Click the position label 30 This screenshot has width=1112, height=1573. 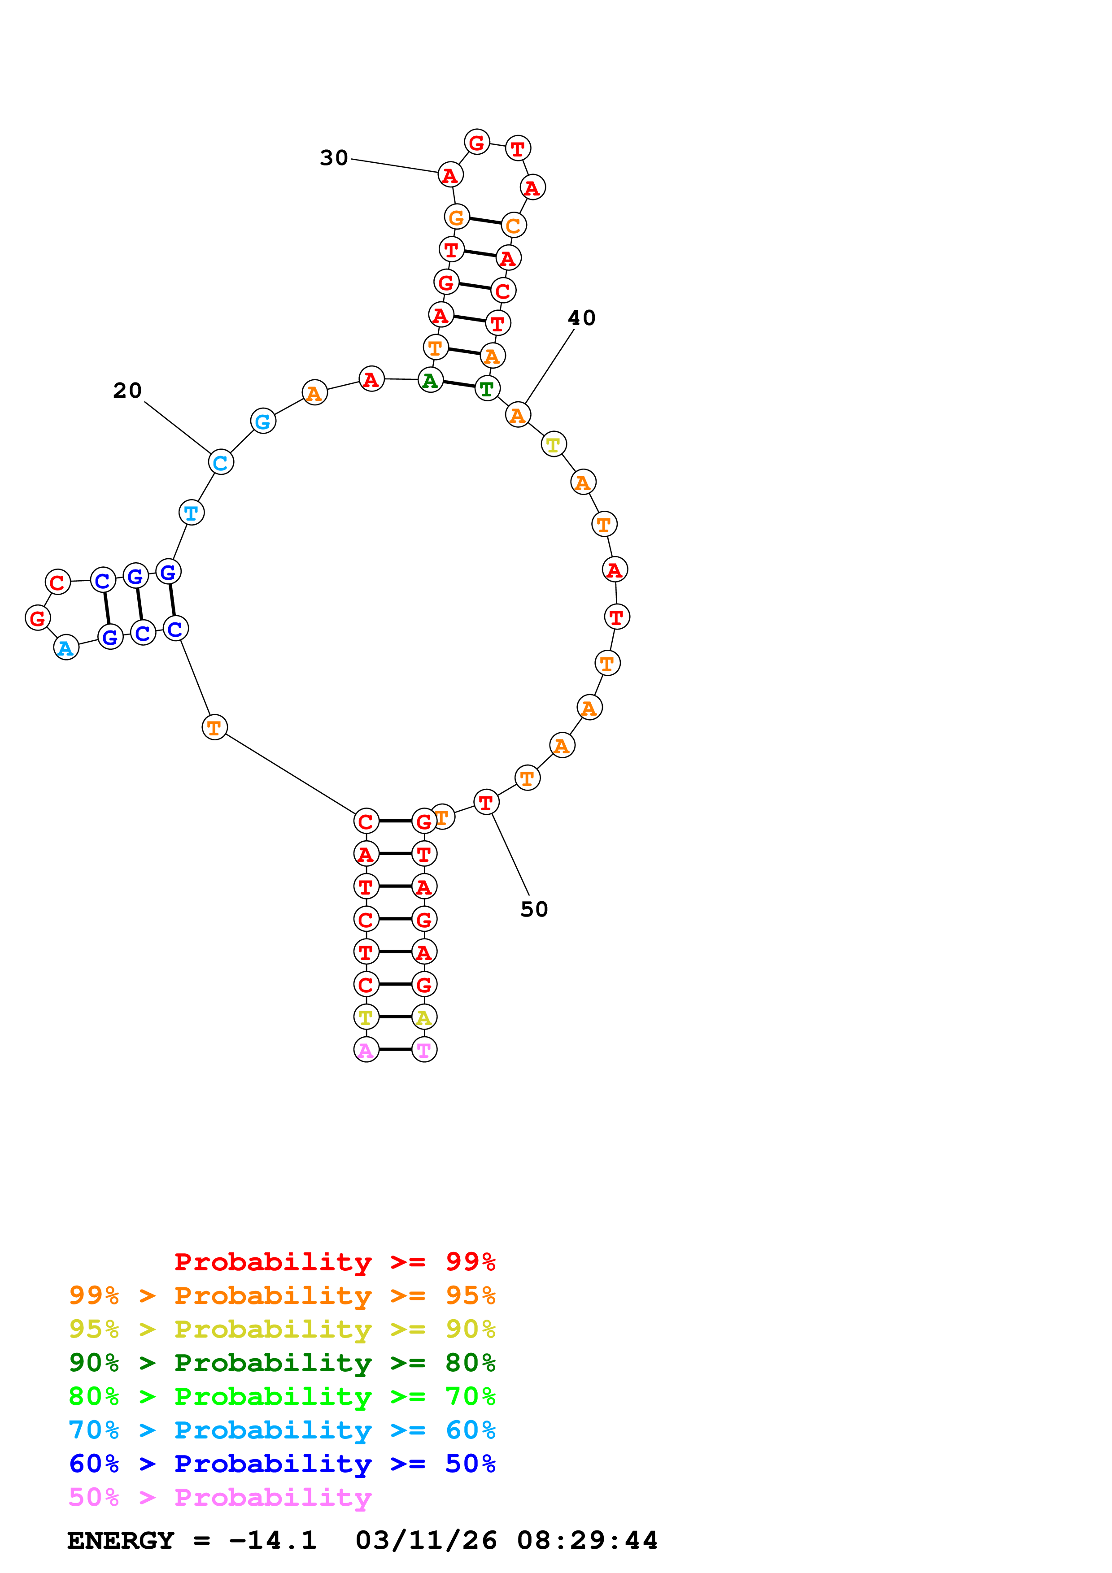tap(334, 158)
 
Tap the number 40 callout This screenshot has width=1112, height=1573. tap(582, 318)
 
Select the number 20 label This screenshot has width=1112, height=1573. tap(127, 391)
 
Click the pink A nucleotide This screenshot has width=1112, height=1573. tap(366, 1050)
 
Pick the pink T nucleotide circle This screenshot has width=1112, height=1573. tap(424, 1050)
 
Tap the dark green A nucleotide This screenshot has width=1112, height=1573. tap(430, 380)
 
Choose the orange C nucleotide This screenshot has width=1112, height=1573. tap(513, 226)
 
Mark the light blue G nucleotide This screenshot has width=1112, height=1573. tap(263, 421)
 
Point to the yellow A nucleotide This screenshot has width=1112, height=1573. tap(424, 1017)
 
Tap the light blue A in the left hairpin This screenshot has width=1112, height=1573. tap(66, 647)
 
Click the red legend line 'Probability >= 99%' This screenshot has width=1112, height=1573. tap(334, 1262)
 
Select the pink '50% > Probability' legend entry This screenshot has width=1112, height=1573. tap(220, 1498)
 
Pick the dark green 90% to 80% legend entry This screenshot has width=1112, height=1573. tap(282, 1363)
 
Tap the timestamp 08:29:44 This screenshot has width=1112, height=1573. tap(587, 1541)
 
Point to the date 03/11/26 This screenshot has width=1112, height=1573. tap(426, 1541)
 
